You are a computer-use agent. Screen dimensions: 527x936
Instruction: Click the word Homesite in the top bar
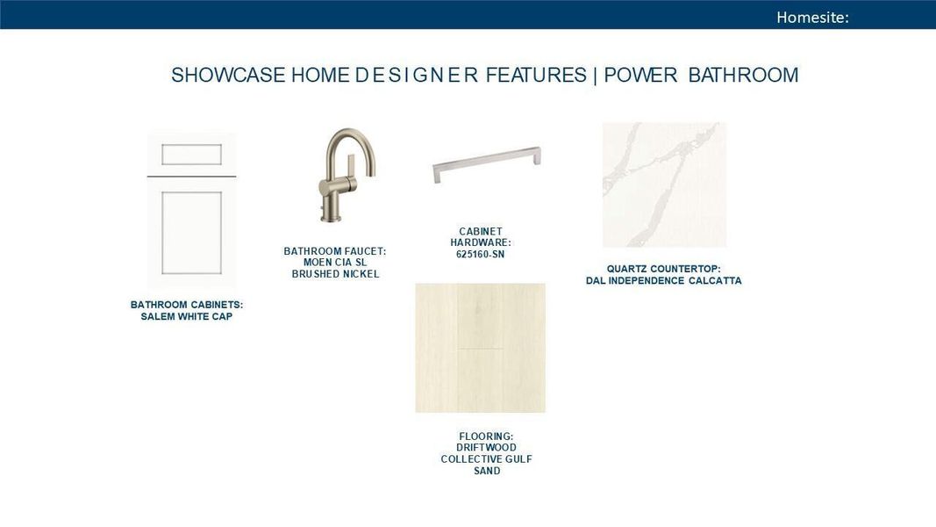811,17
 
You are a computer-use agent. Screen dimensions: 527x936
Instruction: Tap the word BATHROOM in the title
743,76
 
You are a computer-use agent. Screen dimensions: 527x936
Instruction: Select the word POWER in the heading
640,76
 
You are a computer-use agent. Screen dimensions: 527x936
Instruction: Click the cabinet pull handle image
486,163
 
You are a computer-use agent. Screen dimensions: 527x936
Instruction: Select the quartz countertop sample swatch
664,184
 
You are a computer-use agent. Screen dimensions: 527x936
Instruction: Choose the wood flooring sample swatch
480,348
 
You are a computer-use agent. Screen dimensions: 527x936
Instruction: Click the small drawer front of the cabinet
191,155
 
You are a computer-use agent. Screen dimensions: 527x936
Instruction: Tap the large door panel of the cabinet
191,233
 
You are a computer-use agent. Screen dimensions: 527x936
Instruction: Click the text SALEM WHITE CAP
187,317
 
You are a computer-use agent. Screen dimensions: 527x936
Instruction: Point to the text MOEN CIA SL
335,263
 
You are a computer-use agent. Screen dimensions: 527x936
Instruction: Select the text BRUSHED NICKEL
335,274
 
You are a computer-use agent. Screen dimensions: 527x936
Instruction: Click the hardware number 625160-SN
480,255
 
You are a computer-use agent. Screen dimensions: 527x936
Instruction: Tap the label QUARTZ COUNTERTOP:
663,269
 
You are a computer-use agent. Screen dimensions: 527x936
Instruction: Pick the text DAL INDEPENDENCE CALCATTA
663,281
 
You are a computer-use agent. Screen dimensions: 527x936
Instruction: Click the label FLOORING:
486,437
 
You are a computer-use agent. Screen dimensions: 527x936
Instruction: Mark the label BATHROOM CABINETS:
187,305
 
